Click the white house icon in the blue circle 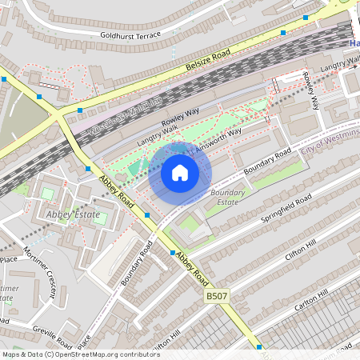(180, 173)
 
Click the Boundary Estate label (227, 198)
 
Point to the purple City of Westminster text (330, 142)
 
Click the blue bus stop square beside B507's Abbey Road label (172, 253)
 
